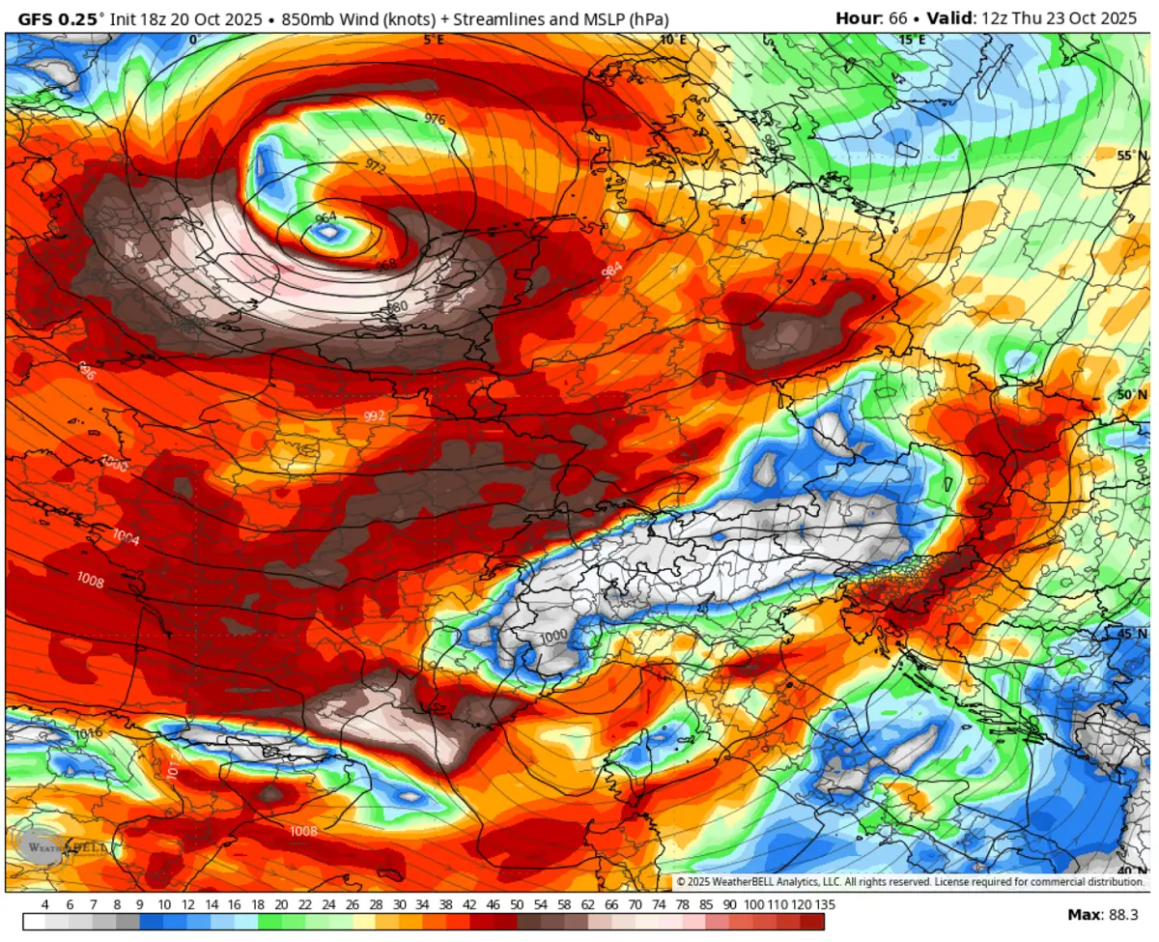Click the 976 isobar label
coord(436,119)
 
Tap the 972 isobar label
coord(376,167)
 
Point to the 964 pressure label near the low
coord(326,218)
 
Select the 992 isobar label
coord(375,415)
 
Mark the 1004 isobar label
coord(126,538)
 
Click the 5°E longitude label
coord(434,40)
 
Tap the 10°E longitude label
coord(673,40)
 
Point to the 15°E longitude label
coord(912,40)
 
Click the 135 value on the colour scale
coord(823,904)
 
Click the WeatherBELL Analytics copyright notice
coord(909,882)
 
